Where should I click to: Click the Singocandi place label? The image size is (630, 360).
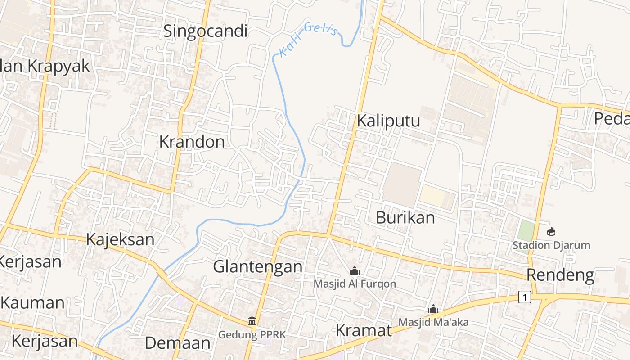[x=205, y=31]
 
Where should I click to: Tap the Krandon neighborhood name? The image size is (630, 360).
[x=192, y=142]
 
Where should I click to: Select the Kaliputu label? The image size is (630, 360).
[x=388, y=121]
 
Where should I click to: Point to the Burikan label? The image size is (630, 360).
[x=405, y=218]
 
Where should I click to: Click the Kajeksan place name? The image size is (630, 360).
[x=120, y=239]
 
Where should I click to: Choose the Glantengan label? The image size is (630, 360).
[x=257, y=266]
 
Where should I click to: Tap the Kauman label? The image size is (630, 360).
[x=32, y=302]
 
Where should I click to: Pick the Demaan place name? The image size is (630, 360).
[x=177, y=343]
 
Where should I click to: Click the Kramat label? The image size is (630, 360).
[x=364, y=330]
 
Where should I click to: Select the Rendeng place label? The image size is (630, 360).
[x=560, y=275]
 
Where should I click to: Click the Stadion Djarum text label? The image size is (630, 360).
[x=551, y=246]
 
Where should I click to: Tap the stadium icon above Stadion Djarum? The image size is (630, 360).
[x=551, y=232]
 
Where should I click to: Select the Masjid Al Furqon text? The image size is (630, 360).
[x=355, y=284]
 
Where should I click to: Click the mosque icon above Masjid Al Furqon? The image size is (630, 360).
[x=355, y=270]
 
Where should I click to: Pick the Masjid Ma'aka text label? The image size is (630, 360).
[x=433, y=322]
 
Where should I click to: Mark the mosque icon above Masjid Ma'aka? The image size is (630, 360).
[x=433, y=309]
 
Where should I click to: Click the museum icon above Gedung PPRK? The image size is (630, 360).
[x=252, y=321]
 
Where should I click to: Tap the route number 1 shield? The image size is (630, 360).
[x=524, y=297]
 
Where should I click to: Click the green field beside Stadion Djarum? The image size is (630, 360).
[x=525, y=230]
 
